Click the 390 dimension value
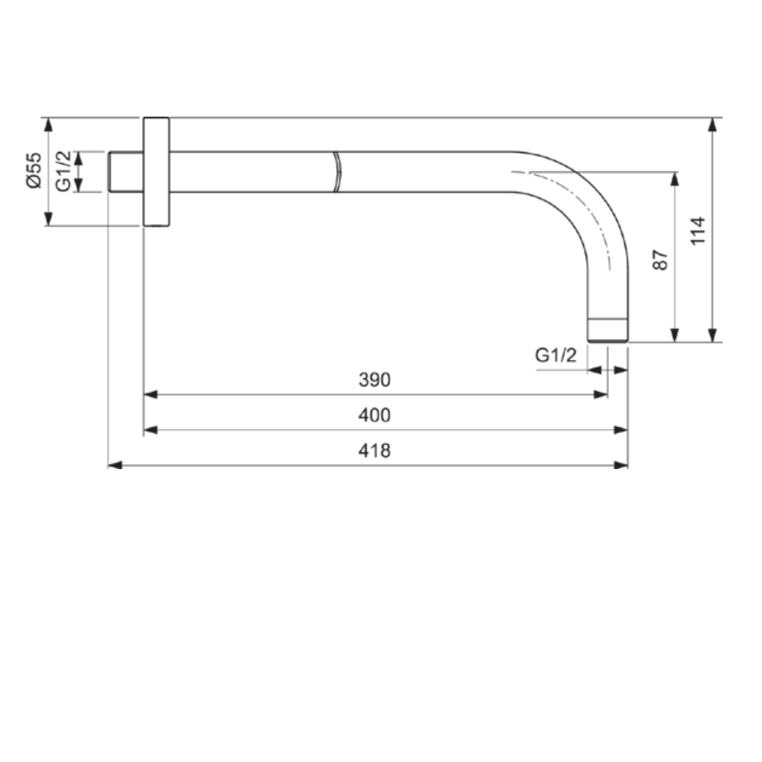pyautogui.click(x=374, y=379)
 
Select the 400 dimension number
pyautogui.click(x=374, y=415)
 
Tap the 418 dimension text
pyautogui.click(x=374, y=451)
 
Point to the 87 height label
pyautogui.click(x=660, y=260)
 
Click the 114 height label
pyautogui.click(x=698, y=231)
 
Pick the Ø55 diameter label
pyautogui.click(x=34, y=170)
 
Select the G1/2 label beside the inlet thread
pyautogui.click(x=63, y=171)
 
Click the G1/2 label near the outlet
pyautogui.click(x=556, y=355)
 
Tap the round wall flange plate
pyautogui.click(x=156, y=171)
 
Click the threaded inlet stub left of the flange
pyautogui.click(x=125, y=171)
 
